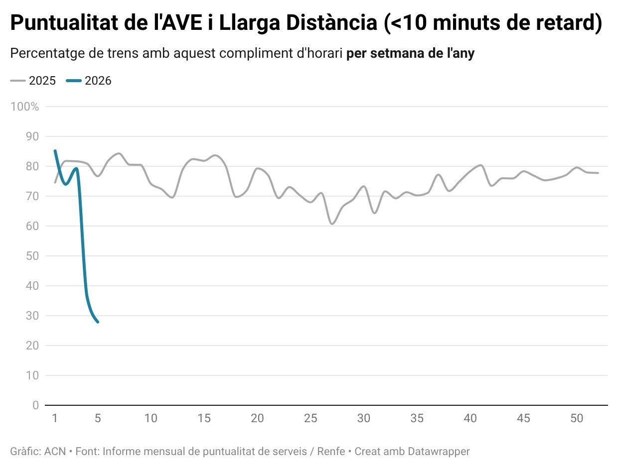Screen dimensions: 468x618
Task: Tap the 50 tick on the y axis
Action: (x=32, y=256)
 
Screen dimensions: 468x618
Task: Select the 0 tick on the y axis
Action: (x=35, y=405)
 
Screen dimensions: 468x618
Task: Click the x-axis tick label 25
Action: (x=310, y=419)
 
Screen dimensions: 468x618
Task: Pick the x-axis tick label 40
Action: (x=470, y=419)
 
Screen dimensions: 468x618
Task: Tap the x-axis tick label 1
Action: (x=55, y=419)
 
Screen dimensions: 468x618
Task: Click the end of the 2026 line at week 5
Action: (x=98, y=322)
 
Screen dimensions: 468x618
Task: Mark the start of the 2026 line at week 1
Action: (x=55, y=150)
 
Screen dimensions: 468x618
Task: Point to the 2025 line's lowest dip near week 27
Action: (x=332, y=224)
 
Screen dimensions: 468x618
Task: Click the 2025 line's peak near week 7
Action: (x=119, y=153)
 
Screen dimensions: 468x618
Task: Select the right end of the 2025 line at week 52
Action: (x=598, y=173)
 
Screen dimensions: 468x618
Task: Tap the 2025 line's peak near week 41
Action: (x=481, y=165)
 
